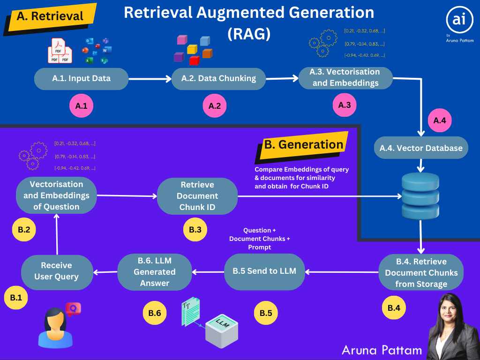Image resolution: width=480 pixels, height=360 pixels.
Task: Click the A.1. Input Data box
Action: (x=81, y=79)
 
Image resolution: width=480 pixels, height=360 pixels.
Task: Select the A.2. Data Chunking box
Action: (x=219, y=79)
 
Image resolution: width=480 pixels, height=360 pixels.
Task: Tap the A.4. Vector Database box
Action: (x=421, y=148)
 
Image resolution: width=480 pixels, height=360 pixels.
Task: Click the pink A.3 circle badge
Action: (x=345, y=105)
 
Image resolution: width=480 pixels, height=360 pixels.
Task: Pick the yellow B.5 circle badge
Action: (x=266, y=313)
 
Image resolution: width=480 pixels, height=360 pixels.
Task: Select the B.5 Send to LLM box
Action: (x=264, y=271)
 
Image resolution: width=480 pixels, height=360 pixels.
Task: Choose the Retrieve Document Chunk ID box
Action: (x=197, y=196)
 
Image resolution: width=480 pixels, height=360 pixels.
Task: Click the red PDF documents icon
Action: (x=60, y=52)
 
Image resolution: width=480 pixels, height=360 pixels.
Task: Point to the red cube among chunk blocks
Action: (x=194, y=60)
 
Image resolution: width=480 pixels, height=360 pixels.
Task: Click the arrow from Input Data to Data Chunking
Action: (x=150, y=79)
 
